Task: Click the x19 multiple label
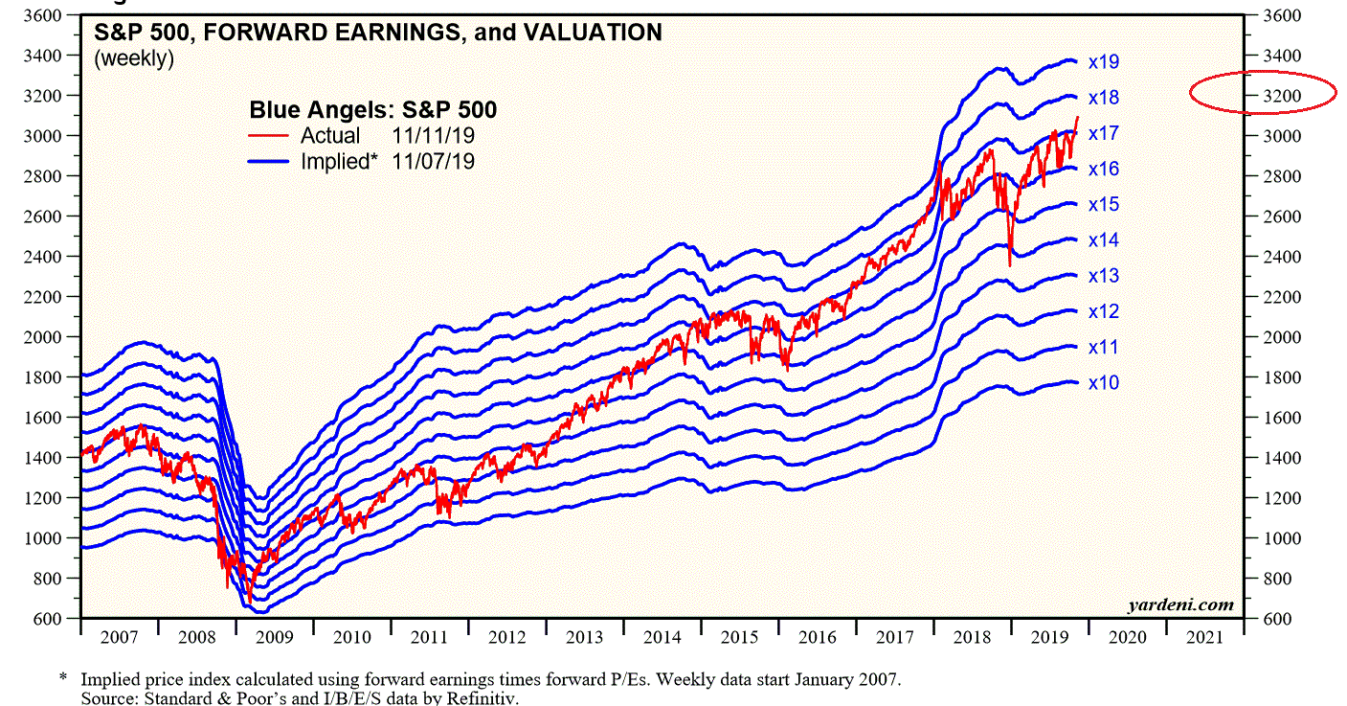(1104, 62)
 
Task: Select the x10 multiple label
(1104, 383)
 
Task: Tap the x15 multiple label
(1104, 205)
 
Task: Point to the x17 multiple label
(1104, 133)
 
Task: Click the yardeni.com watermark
(1179, 604)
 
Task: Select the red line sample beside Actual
(269, 136)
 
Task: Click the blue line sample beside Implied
(269, 162)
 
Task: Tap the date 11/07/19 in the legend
(434, 162)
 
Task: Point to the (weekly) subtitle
(133, 58)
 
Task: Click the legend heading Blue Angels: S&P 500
(372, 109)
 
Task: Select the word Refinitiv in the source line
(485, 698)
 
